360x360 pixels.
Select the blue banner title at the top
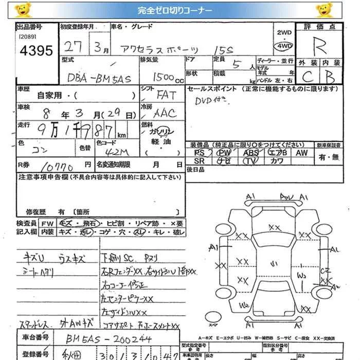click(179, 10)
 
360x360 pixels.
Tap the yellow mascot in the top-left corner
click(23, 10)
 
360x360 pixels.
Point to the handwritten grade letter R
click(320, 48)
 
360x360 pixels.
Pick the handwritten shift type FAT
click(166, 95)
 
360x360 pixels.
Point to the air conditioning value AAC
click(165, 113)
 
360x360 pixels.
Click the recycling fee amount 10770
click(61, 167)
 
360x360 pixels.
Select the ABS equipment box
click(251, 153)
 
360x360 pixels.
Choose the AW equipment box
click(302, 153)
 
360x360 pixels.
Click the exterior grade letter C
click(308, 77)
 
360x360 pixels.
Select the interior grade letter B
click(330, 77)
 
